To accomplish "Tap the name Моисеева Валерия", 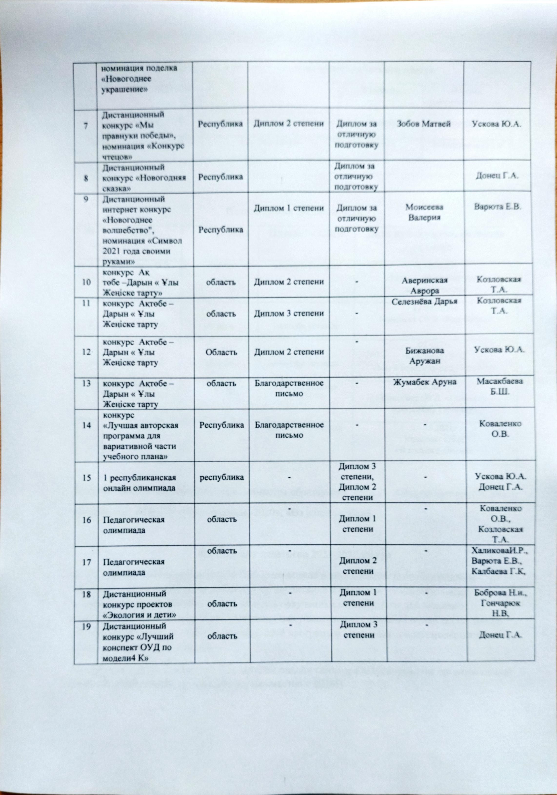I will click(x=424, y=212).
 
